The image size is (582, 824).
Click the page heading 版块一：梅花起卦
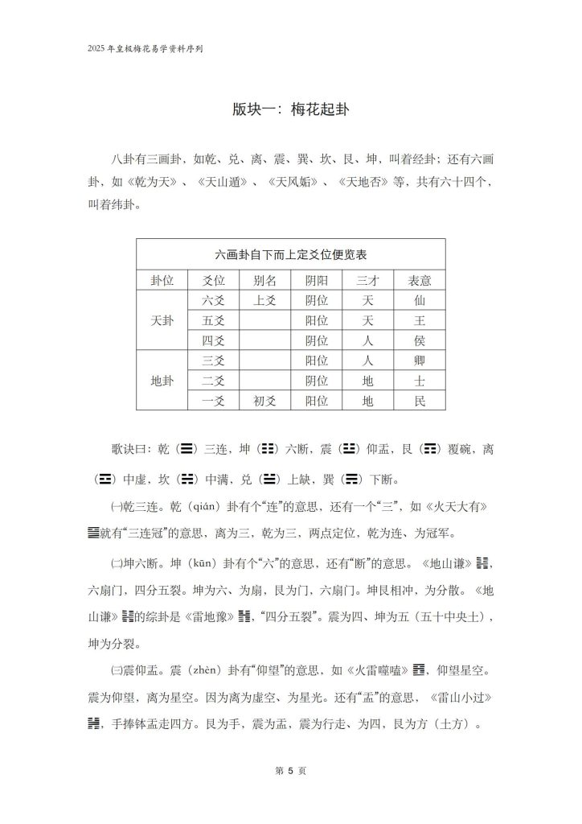(x=290, y=109)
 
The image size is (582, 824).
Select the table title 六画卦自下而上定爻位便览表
(x=291, y=254)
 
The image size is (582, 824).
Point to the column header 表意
(x=416, y=280)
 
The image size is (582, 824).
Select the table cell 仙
(x=416, y=300)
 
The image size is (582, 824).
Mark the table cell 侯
(x=416, y=340)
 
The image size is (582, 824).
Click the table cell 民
(x=416, y=400)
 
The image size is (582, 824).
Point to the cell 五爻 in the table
(x=212, y=320)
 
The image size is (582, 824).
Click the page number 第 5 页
(x=290, y=770)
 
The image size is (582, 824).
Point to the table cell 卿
(x=416, y=360)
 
